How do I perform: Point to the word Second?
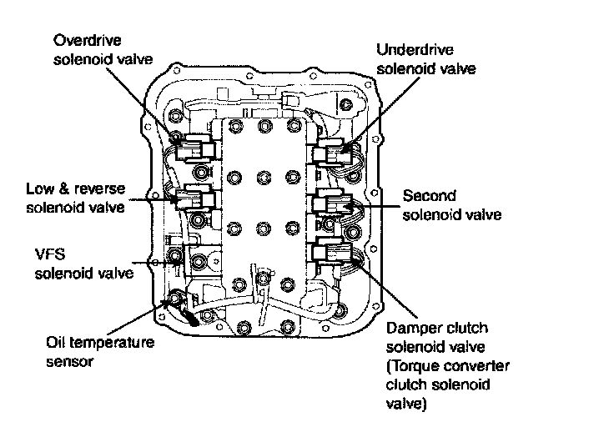(429, 197)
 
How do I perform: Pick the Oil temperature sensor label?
(98, 351)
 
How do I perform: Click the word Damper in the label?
(411, 328)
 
